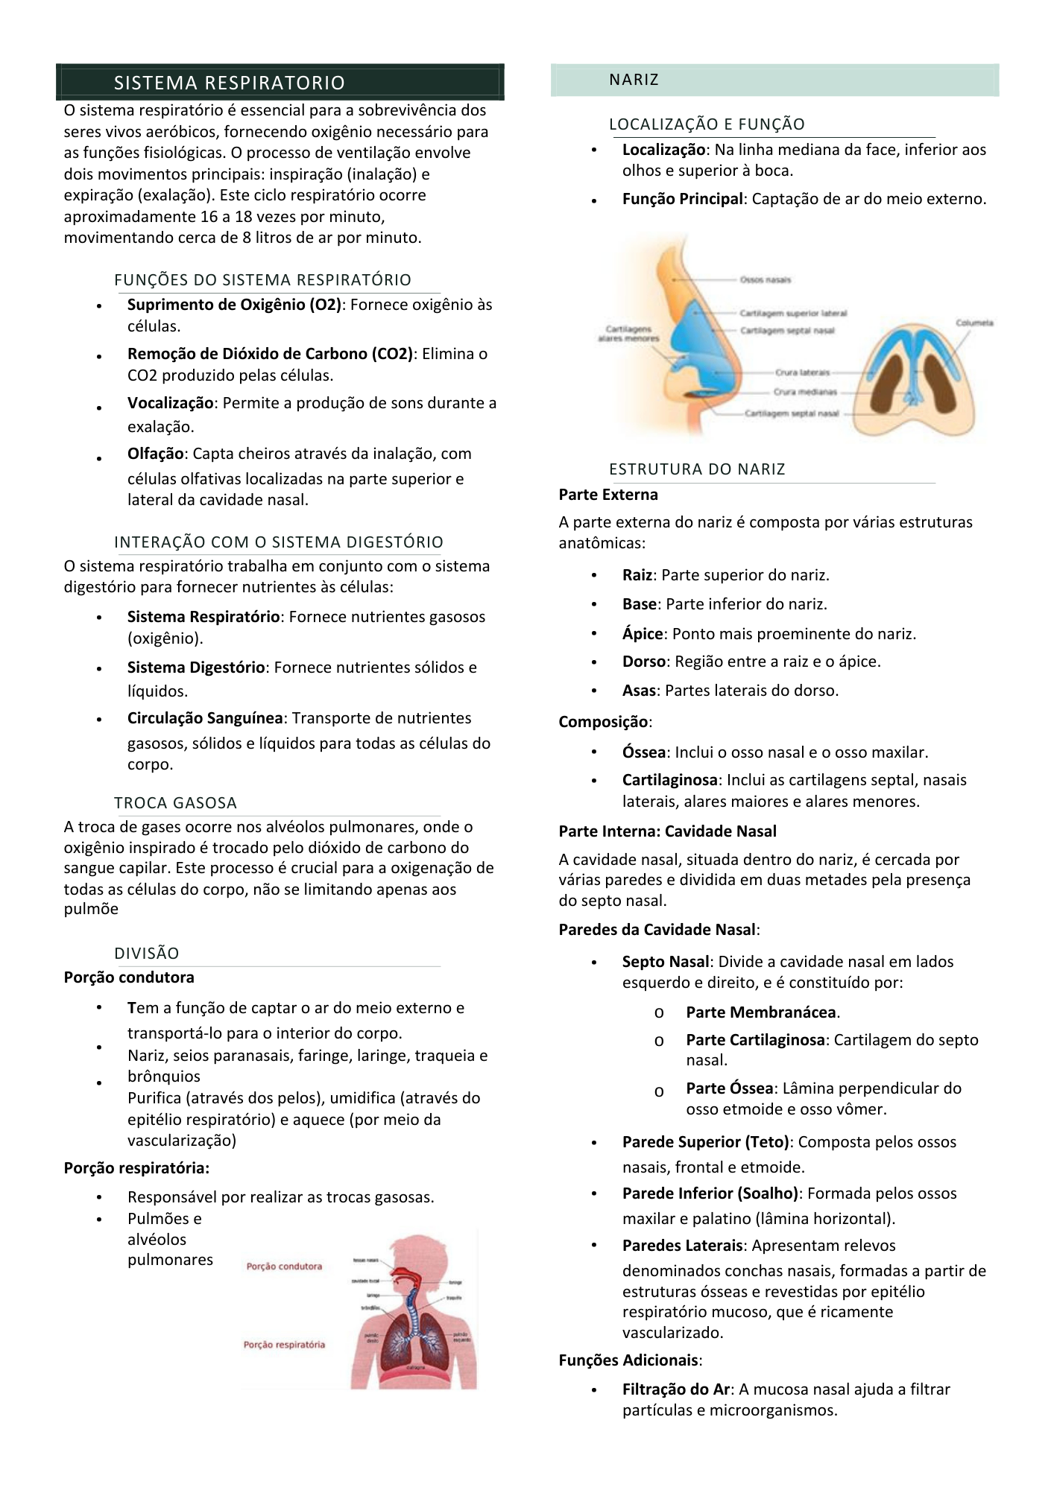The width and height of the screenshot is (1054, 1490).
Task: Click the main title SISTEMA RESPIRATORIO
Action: pos(230,83)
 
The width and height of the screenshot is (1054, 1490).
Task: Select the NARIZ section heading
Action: pos(634,80)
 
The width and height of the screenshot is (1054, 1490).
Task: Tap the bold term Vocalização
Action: pos(171,403)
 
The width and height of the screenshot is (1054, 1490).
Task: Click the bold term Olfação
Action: pos(155,454)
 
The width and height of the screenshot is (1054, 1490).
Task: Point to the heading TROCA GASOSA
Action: pos(175,803)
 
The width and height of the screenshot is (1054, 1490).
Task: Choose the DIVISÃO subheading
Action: pos(147,954)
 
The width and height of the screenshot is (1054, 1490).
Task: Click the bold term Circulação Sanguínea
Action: pos(205,718)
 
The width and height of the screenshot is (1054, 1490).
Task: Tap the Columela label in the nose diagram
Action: pos(974,323)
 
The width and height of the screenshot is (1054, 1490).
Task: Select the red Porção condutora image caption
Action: pos(284,1266)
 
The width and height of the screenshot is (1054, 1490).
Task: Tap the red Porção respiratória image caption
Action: pos(284,1345)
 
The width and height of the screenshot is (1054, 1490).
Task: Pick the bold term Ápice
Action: pos(643,634)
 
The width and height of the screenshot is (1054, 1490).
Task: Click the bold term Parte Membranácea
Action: pos(761,1012)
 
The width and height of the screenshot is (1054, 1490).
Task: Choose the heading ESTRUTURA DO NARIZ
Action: pos(697,469)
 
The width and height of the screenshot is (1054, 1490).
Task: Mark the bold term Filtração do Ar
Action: pos(676,1389)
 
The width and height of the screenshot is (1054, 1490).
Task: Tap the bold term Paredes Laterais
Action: pos(682,1246)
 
